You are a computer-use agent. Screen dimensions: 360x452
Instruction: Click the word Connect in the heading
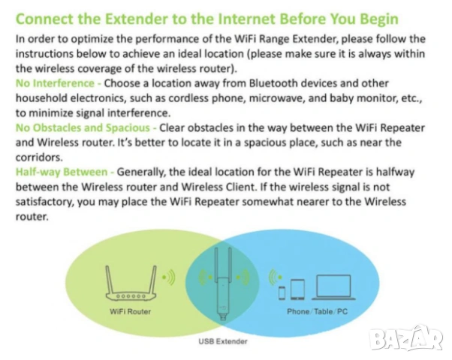[x=48, y=18]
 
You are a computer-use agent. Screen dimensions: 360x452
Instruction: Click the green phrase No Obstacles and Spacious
[x=81, y=127]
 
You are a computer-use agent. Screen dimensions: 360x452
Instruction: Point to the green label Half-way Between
[x=61, y=172]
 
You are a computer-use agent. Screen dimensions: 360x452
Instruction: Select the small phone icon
[x=282, y=291]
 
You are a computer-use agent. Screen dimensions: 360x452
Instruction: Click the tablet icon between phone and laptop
[x=297, y=289]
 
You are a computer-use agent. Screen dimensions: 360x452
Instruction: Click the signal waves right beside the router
[x=169, y=278]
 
